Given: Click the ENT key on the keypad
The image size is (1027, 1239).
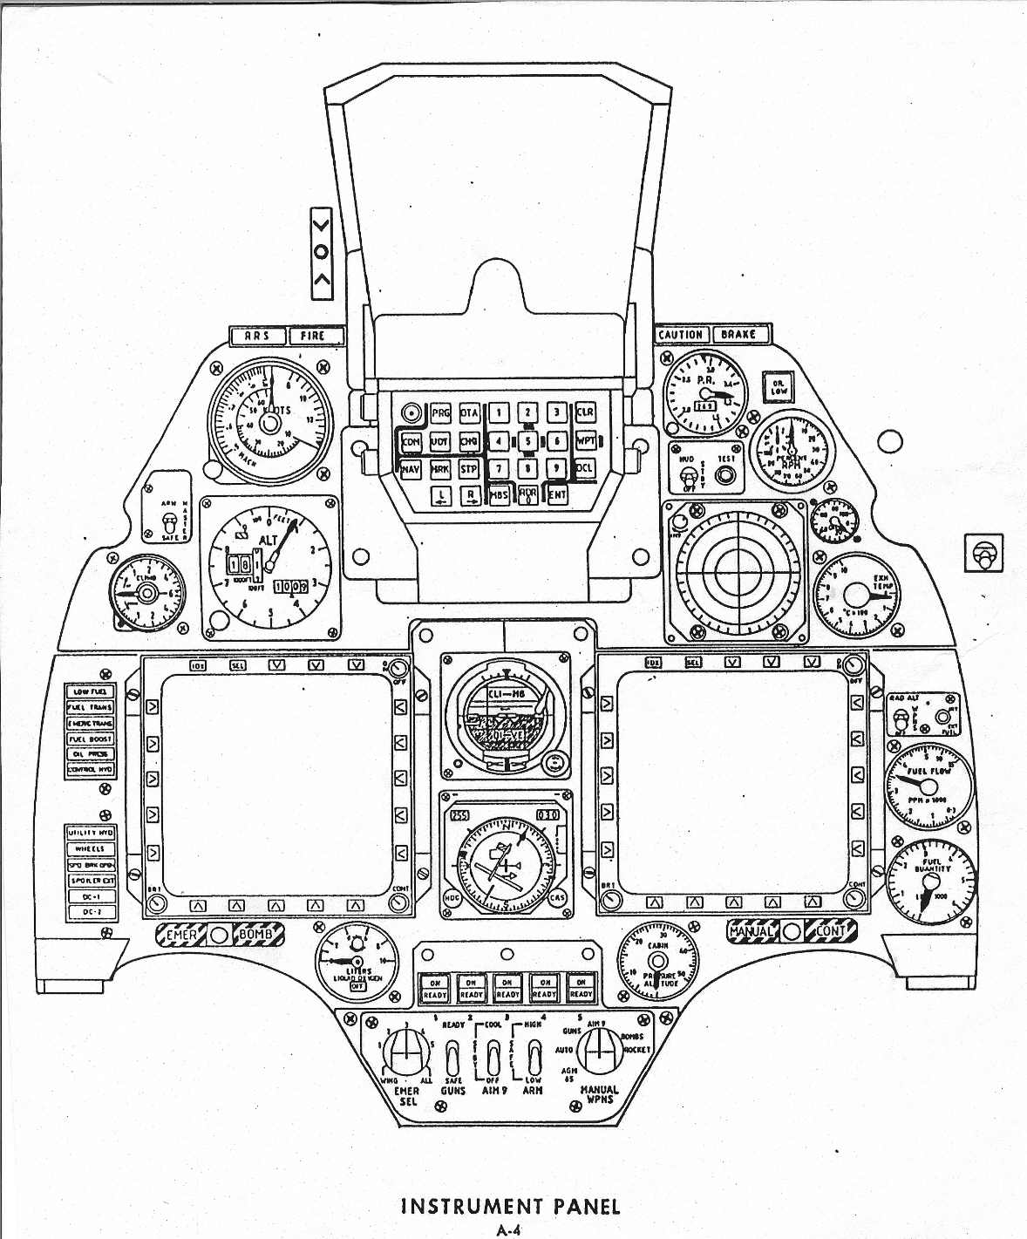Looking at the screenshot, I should (557, 494).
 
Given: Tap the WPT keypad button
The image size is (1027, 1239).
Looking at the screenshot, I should (586, 441).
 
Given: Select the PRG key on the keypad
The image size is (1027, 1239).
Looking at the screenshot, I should (441, 413).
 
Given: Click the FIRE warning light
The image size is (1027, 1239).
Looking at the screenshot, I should (312, 336).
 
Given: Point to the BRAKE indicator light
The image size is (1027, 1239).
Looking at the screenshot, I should (738, 335).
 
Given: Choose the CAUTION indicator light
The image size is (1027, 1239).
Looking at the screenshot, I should (681, 335).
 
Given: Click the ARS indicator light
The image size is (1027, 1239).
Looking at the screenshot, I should (256, 336).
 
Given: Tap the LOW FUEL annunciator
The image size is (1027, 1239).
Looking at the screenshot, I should (91, 691).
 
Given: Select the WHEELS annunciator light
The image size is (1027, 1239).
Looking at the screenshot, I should (91, 848).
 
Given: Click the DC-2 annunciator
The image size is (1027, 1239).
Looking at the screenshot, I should (91, 912).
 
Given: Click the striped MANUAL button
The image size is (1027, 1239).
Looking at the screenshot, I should (752, 931).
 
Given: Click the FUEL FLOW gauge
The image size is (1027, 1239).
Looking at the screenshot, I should (928, 786).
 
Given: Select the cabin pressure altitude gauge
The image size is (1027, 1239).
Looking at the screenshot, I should (658, 961).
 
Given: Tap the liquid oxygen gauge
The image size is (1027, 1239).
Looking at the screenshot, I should (356, 961).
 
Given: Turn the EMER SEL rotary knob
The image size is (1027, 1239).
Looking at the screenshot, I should (404, 1051).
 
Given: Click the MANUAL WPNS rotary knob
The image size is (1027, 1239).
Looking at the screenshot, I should (597, 1050).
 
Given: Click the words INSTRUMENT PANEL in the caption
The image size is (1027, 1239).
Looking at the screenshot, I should (510, 1207).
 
